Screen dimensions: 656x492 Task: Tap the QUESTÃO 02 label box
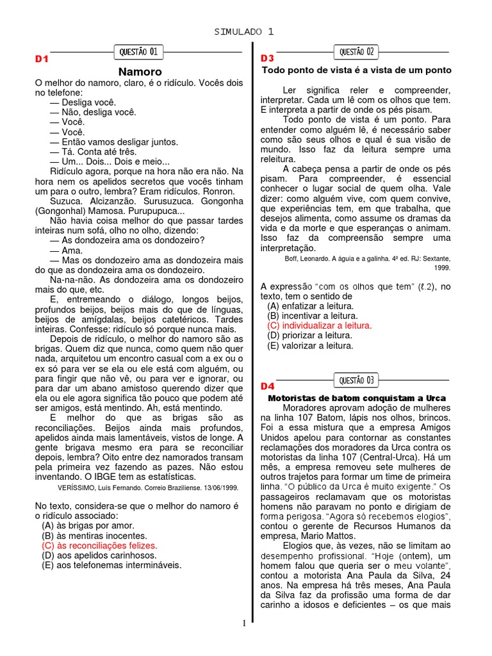357,51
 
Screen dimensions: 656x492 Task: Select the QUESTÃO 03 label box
357,381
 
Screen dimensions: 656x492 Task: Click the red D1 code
42,59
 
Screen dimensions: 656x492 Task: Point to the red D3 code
267,59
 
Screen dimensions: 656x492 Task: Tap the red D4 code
267,386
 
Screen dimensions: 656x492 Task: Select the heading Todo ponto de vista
356,70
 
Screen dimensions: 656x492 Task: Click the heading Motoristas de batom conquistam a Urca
356,398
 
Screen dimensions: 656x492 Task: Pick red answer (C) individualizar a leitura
319,325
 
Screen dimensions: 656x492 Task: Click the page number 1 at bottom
244,623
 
